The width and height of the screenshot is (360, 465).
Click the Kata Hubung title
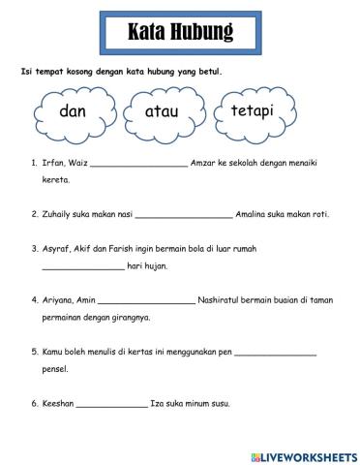(180, 33)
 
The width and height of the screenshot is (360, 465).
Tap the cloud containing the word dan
(74, 112)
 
